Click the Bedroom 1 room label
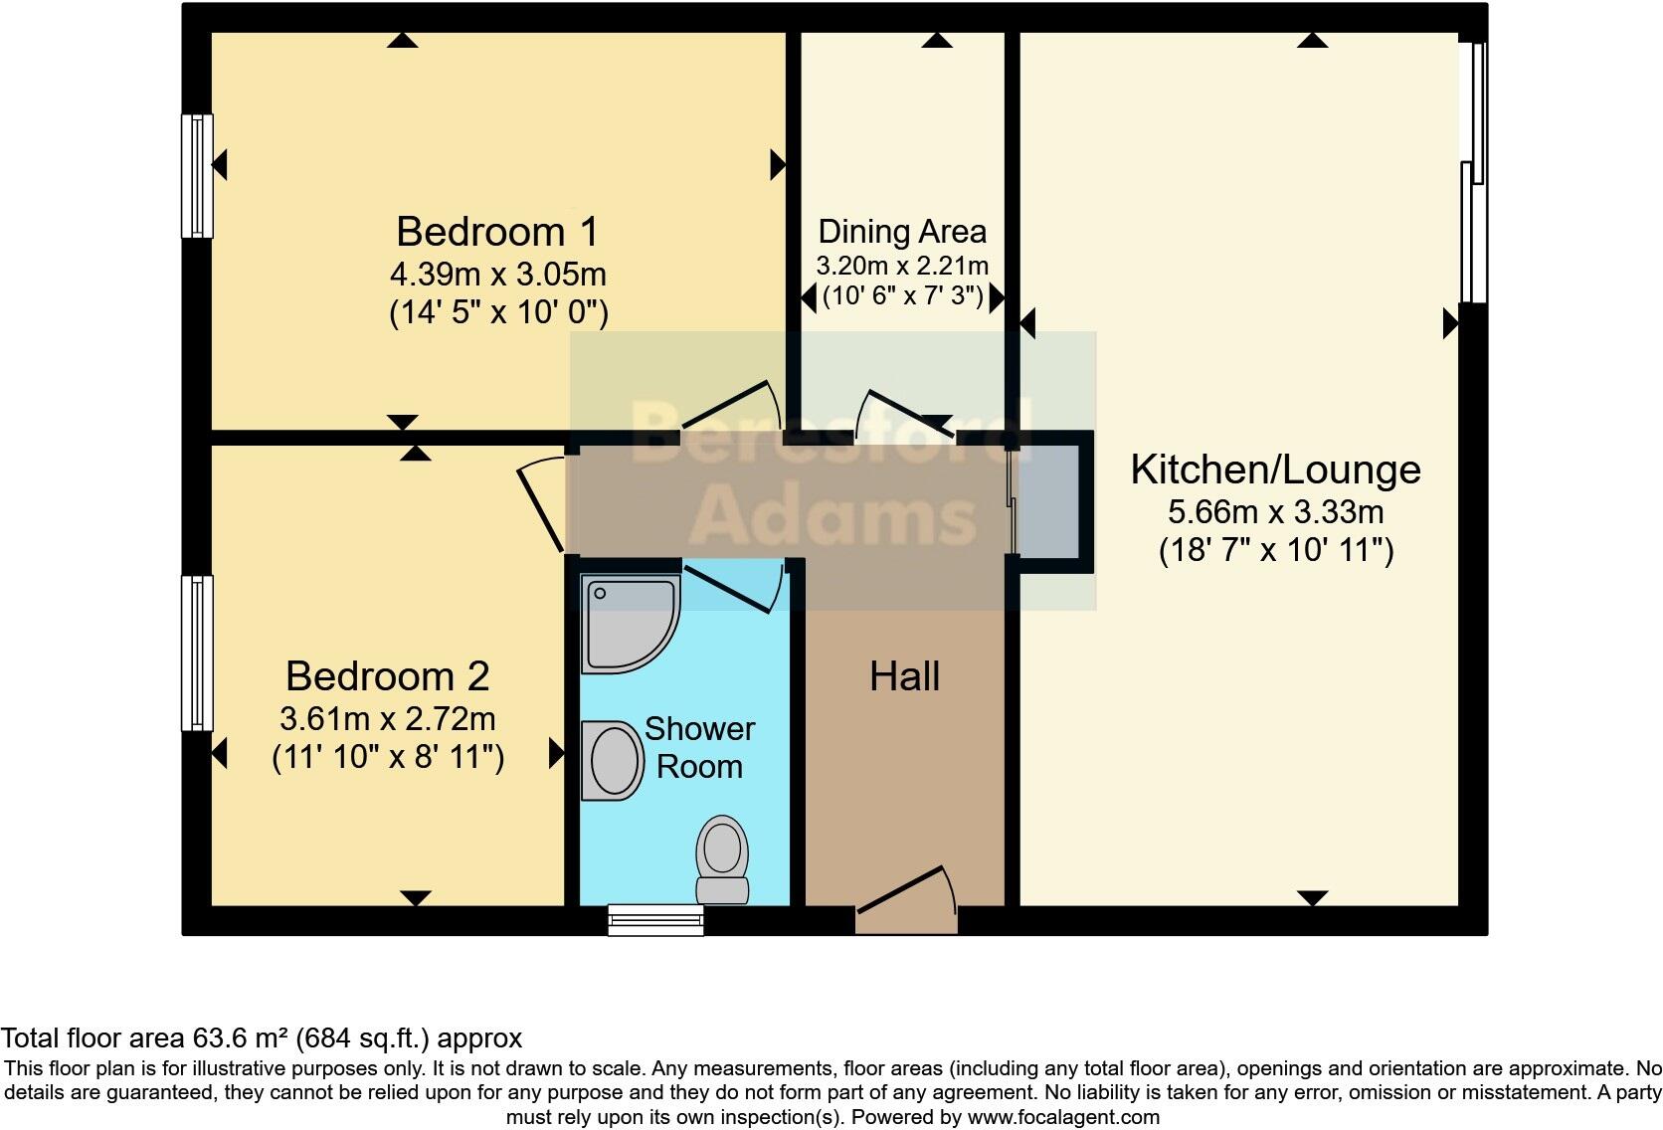tap(497, 232)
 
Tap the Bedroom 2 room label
tap(387, 676)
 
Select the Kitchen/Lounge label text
tap(1275, 470)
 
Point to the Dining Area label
tap(902, 232)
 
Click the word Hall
tap(904, 677)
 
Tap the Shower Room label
tap(699, 748)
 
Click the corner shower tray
tap(628, 623)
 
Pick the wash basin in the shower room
tap(613, 761)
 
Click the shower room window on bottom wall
tap(655, 920)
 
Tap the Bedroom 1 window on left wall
tap(197, 176)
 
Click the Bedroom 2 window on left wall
tap(197, 653)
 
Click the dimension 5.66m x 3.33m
tap(1275, 512)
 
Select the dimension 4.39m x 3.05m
tap(497, 274)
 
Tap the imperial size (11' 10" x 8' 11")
tap(388, 758)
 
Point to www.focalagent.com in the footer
tap(1062, 1117)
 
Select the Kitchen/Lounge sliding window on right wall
tap(1472, 174)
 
